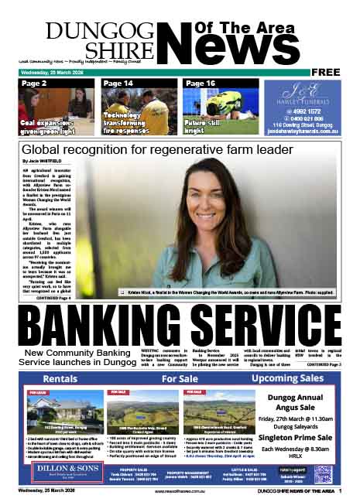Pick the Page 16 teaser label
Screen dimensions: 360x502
point(201,83)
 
